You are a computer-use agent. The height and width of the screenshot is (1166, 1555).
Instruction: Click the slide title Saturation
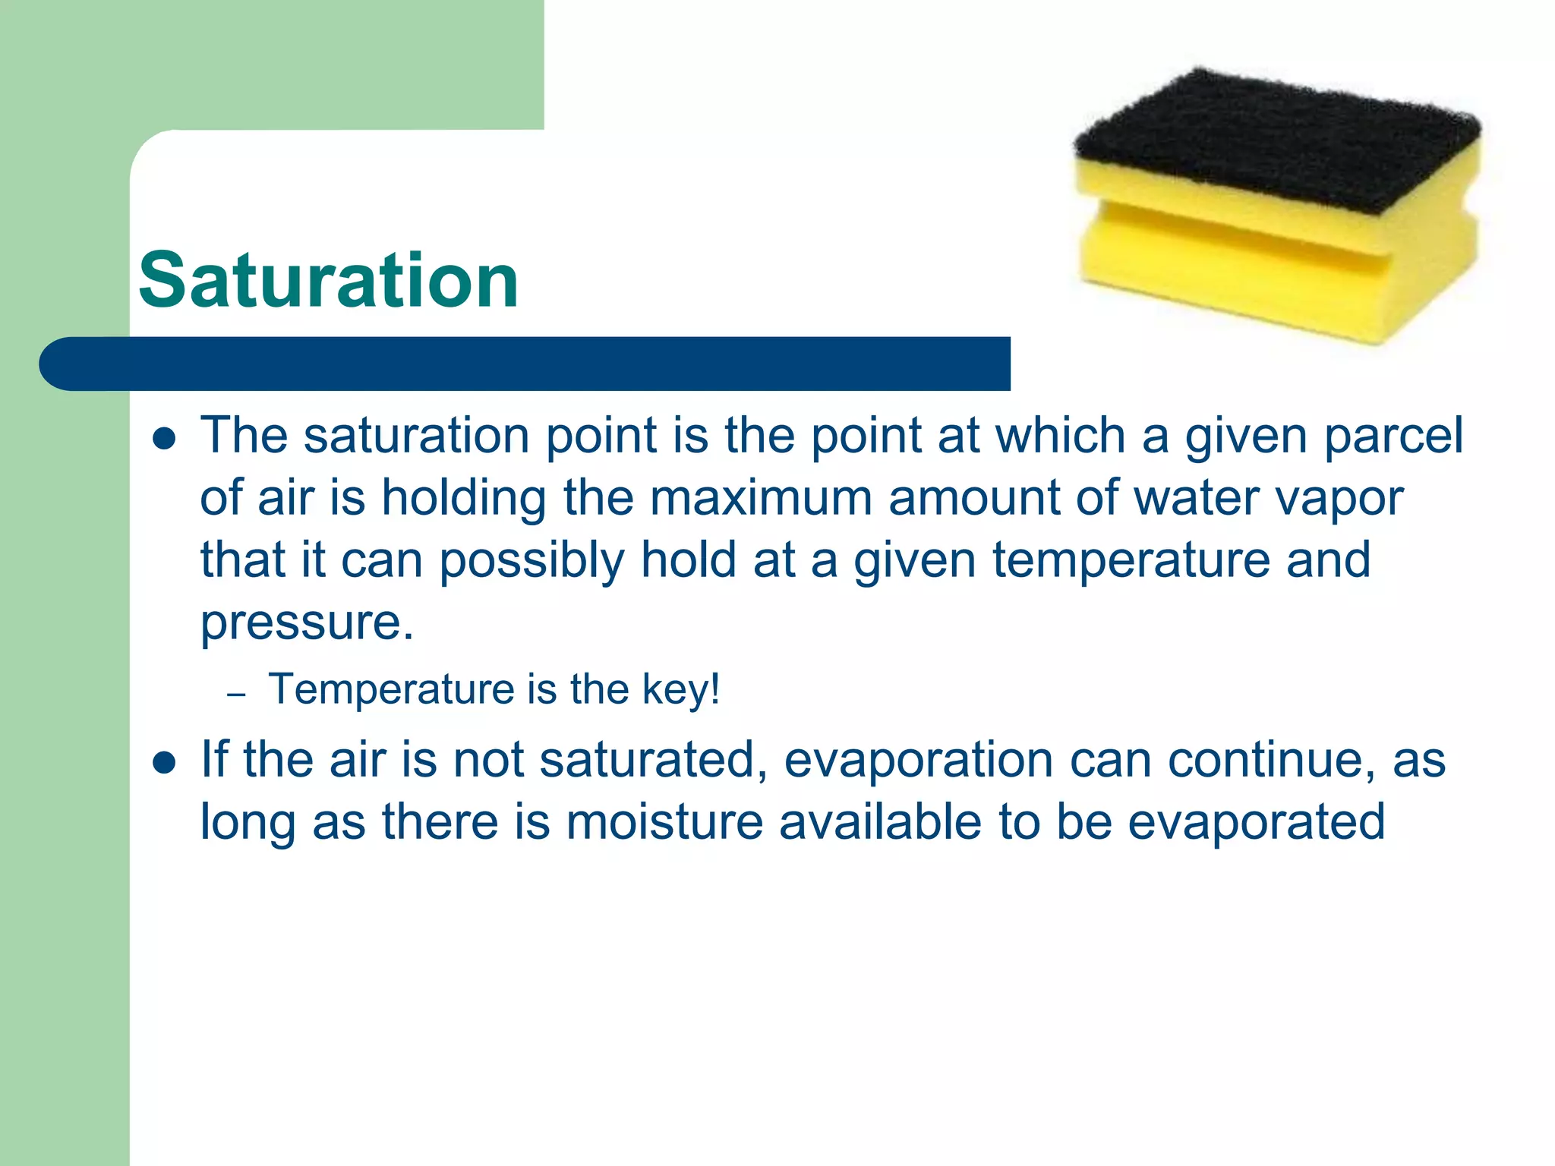point(328,281)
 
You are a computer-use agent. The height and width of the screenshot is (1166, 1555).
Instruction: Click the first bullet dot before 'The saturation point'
point(164,438)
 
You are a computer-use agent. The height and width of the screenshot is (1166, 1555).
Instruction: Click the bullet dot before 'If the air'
point(164,761)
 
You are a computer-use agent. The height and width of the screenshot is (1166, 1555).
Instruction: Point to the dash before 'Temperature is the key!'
point(237,695)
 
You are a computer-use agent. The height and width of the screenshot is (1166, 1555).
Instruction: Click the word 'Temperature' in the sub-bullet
point(392,689)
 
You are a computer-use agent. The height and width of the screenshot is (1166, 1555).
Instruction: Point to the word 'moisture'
point(664,822)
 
